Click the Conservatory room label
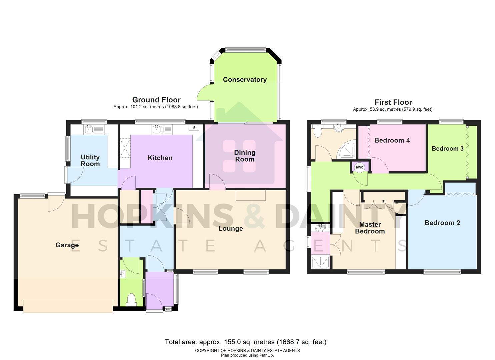(x=245, y=80)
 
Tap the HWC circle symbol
(x=359, y=167)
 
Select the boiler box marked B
(x=194, y=127)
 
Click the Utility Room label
(x=90, y=160)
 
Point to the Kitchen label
(x=160, y=158)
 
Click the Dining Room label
(x=245, y=156)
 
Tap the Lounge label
(x=230, y=229)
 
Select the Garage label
(x=67, y=245)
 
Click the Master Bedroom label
(x=370, y=228)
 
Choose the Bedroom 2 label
(x=442, y=223)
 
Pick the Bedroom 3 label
(x=447, y=149)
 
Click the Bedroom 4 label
(x=392, y=140)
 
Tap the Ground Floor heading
(x=156, y=100)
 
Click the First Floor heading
(x=393, y=102)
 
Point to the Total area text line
(x=245, y=342)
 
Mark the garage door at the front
(x=68, y=306)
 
